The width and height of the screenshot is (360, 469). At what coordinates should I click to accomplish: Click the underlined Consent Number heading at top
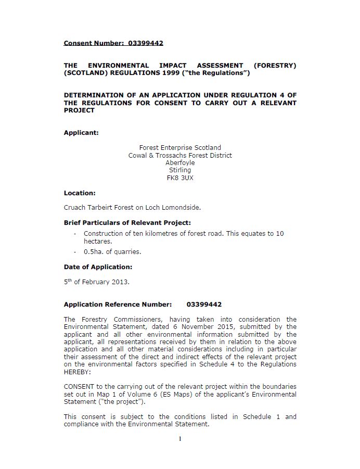pos(113,43)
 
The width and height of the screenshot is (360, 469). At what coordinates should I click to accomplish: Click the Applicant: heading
pos(81,133)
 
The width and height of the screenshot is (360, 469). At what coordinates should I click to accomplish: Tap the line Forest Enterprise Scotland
pos(180,148)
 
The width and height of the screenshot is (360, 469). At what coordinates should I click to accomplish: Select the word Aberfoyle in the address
pos(180,162)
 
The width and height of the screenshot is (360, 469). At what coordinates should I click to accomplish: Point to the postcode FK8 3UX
pos(180,178)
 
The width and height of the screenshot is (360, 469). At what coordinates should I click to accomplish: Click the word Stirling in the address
pos(180,170)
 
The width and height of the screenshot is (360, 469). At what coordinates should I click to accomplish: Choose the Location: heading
pos(80,193)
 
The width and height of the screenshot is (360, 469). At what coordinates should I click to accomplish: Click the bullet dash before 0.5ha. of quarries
pos(75,252)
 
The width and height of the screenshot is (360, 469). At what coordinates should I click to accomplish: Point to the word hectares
pos(98,242)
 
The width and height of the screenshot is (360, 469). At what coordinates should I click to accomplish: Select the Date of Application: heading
pos(98,267)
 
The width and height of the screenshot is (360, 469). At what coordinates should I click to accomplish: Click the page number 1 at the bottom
pos(180,439)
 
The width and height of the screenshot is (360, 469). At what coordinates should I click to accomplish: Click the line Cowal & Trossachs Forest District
pos(180,155)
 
